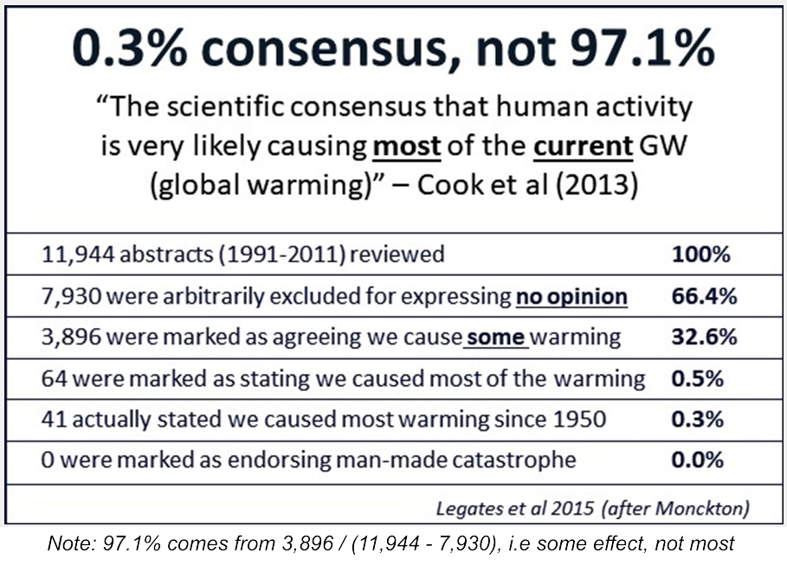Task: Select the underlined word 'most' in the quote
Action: [x=407, y=146]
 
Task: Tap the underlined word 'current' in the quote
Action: [x=583, y=146]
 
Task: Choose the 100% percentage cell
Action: [x=701, y=255]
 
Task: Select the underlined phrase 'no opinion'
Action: [x=571, y=296]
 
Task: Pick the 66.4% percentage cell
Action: [x=704, y=296]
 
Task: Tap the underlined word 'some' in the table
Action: [x=495, y=337]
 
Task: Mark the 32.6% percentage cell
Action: [x=704, y=337]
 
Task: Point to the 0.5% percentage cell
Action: [x=697, y=378]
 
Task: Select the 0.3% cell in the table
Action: [x=697, y=419]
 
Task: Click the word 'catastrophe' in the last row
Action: [x=506, y=460]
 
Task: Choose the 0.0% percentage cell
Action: [x=697, y=460]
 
